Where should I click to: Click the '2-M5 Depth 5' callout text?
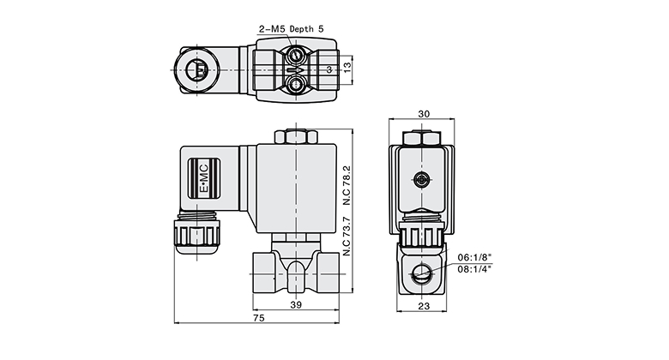click(x=292, y=28)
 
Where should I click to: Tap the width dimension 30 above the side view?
click(x=423, y=114)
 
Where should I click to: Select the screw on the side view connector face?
click(x=422, y=179)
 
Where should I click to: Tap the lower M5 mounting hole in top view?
click(x=297, y=84)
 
